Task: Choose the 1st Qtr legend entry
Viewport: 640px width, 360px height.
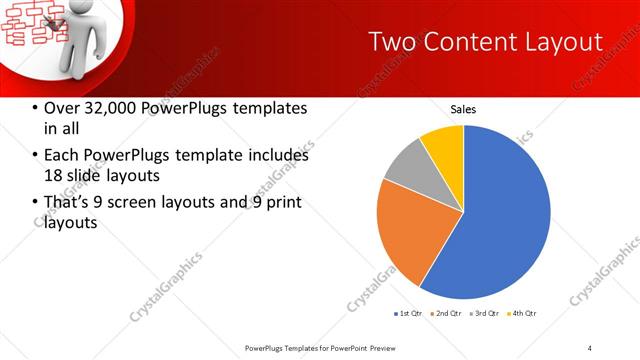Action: tap(409, 314)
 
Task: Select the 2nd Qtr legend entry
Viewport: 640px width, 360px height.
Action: tap(445, 314)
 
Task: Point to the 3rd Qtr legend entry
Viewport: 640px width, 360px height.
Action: tap(484, 314)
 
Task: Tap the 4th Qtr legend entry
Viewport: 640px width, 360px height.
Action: tap(522, 314)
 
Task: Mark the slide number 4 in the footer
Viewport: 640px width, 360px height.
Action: tap(590, 347)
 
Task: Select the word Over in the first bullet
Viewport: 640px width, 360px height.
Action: tap(63, 108)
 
